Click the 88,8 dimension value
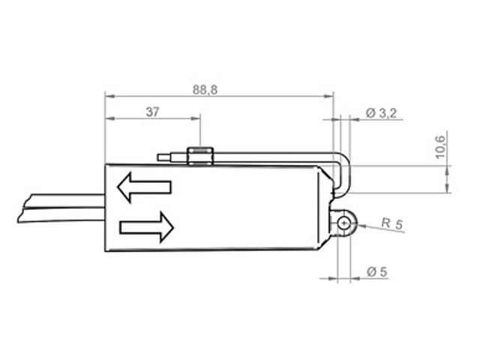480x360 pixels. click(x=205, y=90)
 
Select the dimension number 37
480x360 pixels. click(x=152, y=112)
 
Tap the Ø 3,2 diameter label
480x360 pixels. click(x=381, y=113)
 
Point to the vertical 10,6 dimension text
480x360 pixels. click(x=440, y=147)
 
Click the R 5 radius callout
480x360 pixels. click(x=392, y=223)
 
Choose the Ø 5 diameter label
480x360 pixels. click(x=376, y=271)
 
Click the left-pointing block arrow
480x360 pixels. click(x=144, y=187)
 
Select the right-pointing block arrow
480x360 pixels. click(x=147, y=227)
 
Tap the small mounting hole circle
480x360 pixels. click(x=343, y=223)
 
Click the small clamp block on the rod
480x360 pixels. click(x=200, y=156)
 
